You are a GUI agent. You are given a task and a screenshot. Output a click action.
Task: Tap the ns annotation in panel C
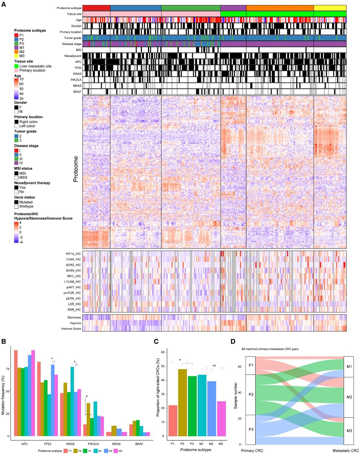pos(214,365)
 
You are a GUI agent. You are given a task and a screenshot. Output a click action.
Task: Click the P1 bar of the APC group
pos(16,393)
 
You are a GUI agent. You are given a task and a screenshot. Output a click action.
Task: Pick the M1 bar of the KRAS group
pos(72,401)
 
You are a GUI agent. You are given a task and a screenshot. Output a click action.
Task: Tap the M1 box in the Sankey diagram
pos(348,367)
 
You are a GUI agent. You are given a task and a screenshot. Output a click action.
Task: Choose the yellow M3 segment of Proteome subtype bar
pos(330,8)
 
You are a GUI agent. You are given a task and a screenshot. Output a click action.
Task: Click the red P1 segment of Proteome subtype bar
pos(96,8)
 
